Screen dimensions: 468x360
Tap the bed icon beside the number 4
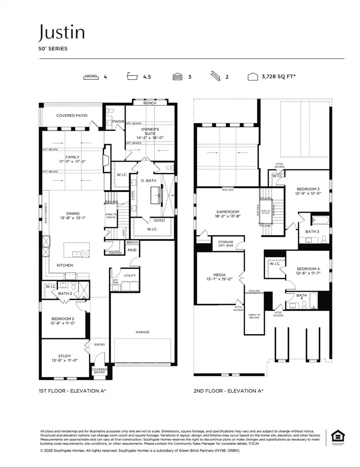[91, 77]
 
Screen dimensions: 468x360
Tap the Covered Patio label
[72, 116]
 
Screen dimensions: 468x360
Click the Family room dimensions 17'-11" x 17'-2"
[72, 162]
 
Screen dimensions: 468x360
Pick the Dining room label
[73, 213]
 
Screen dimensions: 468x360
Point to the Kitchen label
[64, 265]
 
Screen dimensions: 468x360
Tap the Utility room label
[130, 275]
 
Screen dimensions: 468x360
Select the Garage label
[142, 332]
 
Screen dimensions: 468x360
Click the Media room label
[219, 274]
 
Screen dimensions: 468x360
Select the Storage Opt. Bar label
[226, 244]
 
